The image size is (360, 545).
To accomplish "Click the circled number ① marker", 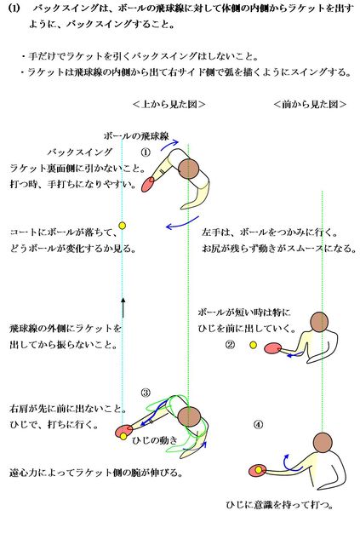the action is pyautogui.click(x=146, y=152).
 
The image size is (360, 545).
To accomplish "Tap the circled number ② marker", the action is pyautogui.click(x=231, y=345).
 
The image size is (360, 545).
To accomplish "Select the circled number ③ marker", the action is pyautogui.click(x=146, y=393).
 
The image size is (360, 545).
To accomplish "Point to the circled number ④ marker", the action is pyautogui.click(x=258, y=424).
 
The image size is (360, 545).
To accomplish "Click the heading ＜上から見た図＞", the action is pyautogui.click(x=169, y=104).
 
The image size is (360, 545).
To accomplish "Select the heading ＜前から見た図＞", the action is pyautogui.click(x=310, y=104).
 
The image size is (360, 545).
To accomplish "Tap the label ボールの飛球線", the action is pyautogui.click(x=136, y=136).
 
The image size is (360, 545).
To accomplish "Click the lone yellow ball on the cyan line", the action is pyautogui.click(x=122, y=226).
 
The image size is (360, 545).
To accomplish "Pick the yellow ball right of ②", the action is pyautogui.click(x=254, y=345).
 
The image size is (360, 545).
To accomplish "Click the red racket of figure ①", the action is pyautogui.click(x=148, y=184).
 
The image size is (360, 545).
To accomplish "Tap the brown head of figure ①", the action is pyautogui.click(x=189, y=169).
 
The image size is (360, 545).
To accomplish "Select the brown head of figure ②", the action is pyautogui.click(x=319, y=322).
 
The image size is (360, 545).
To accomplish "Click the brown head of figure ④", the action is pyautogui.click(x=323, y=442).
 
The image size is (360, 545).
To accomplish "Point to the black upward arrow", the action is pyautogui.click(x=123, y=307).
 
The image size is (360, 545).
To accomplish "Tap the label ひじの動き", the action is pyautogui.click(x=155, y=440).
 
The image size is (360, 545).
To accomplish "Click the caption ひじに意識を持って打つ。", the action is pyautogui.click(x=280, y=505).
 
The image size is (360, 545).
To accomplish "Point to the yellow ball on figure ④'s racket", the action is pyautogui.click(x=259, y=470).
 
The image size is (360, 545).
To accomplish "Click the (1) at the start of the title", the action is pyautogui.click(x=14, y=9).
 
